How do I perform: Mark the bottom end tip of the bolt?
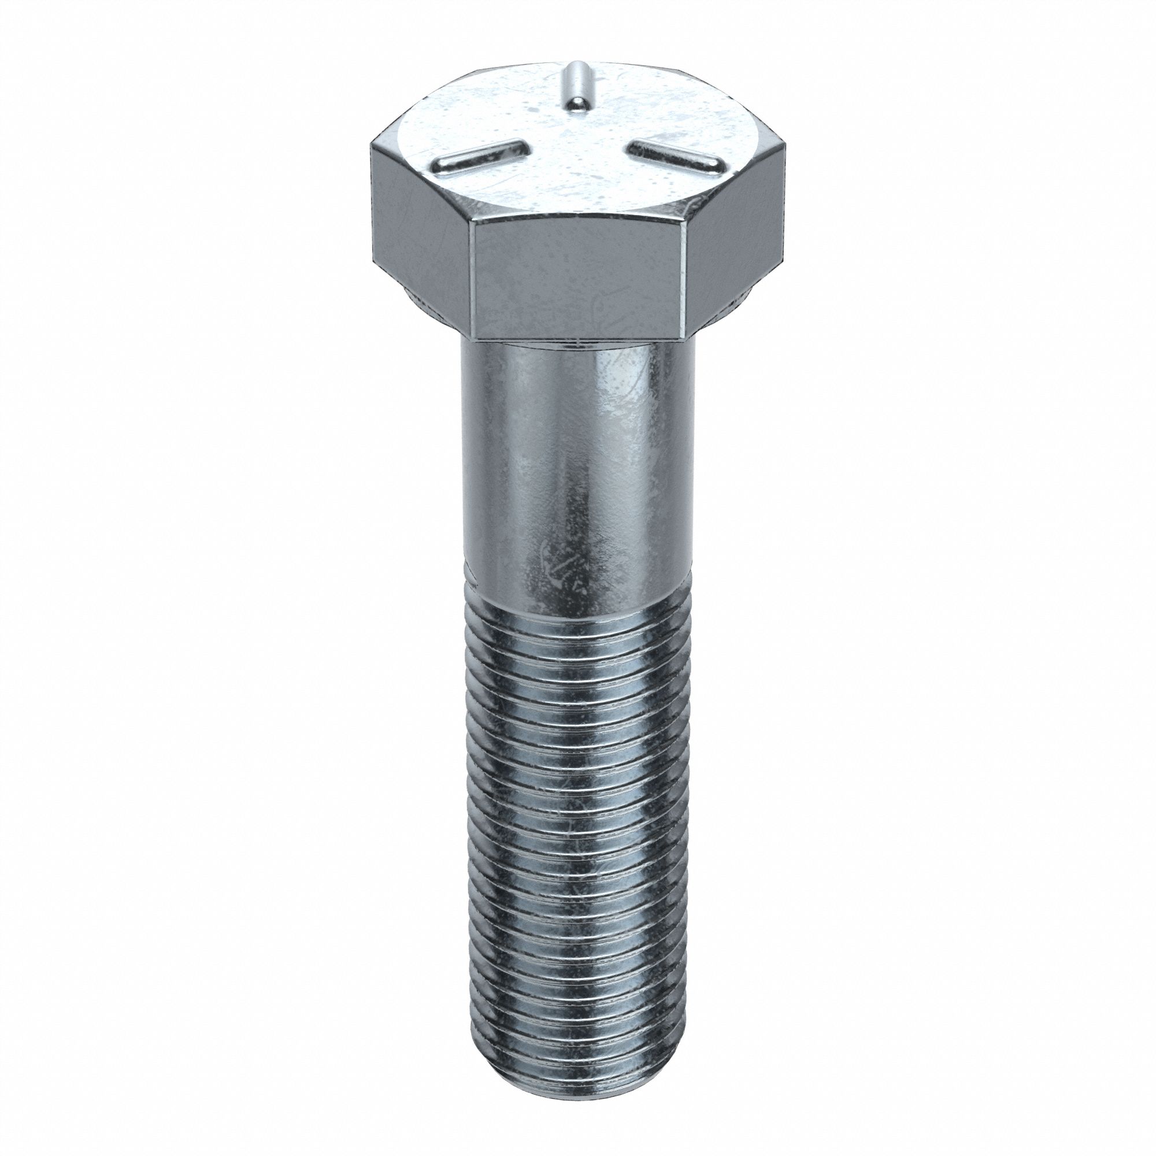coord(577,1074)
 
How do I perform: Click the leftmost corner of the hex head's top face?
coord(372,143)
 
